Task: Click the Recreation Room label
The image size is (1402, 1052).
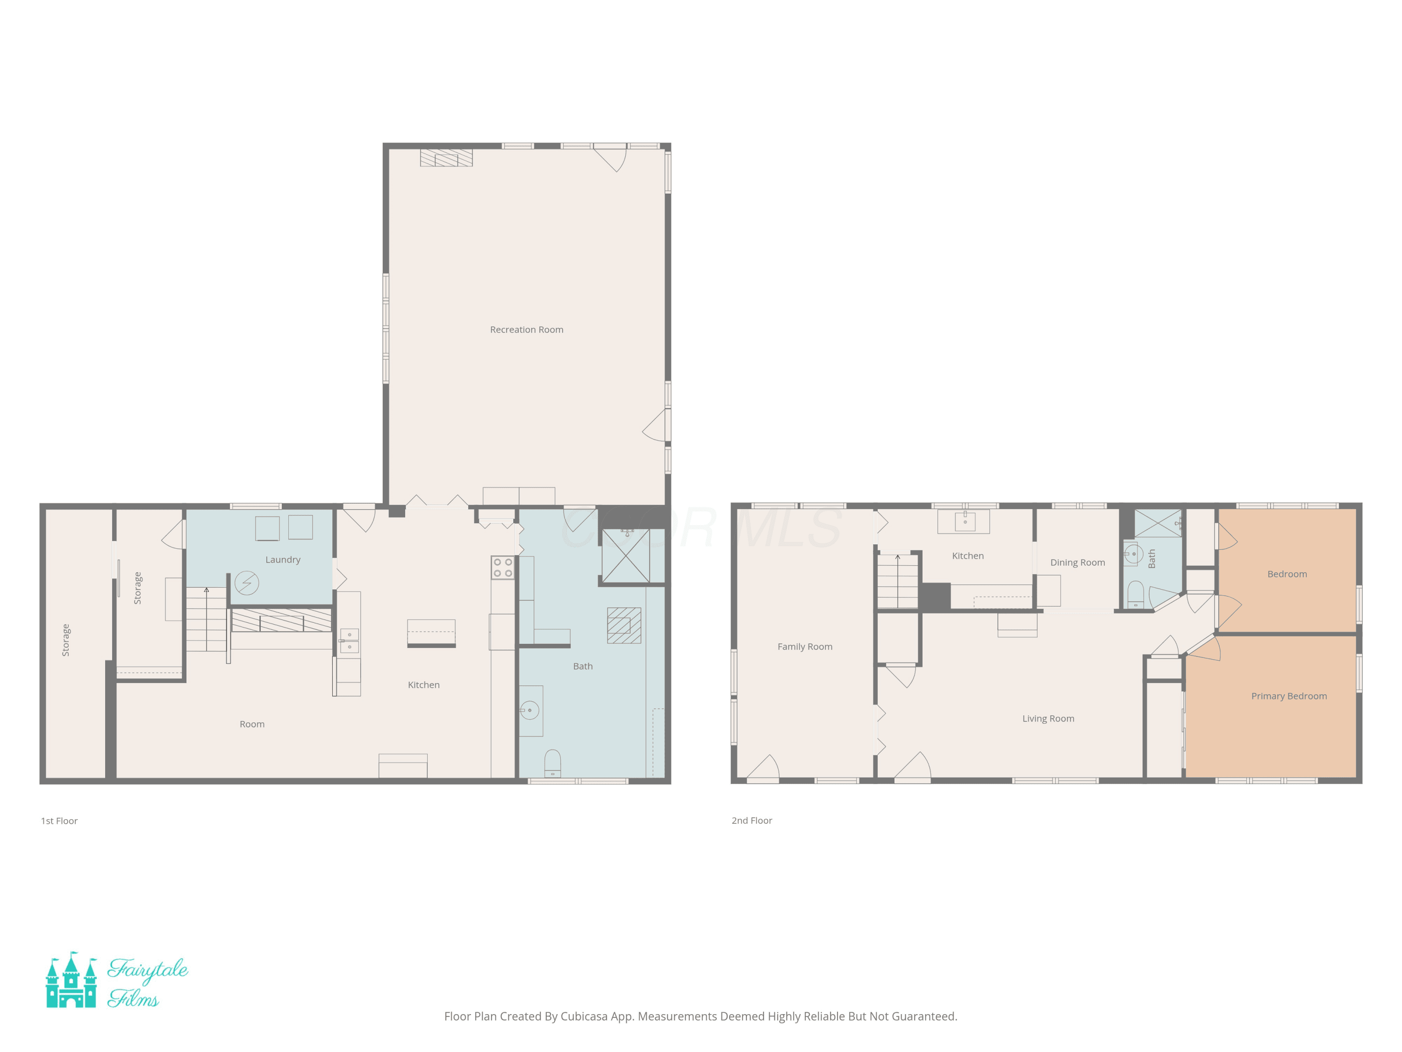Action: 526,330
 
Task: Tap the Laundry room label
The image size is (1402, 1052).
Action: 283,560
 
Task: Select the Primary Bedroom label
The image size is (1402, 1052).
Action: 1288,696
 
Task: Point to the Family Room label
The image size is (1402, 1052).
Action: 805,647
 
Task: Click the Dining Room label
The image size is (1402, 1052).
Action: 1078,562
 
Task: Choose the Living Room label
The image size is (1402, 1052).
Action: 1048,719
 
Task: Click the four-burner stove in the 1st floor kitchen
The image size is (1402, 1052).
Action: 502,568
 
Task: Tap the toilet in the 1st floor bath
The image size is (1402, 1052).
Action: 552,764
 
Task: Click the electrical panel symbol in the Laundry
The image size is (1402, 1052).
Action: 247,583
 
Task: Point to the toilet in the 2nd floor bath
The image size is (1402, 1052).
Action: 1136,594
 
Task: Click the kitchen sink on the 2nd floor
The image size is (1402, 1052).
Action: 965,520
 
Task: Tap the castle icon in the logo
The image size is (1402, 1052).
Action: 72,980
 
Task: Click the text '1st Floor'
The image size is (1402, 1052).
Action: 59,821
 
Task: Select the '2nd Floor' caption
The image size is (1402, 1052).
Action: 751,821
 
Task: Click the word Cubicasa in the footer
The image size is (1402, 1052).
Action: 584,1016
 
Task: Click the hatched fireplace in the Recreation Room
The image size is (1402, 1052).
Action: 446,158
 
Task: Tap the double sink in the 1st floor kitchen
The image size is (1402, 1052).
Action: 349,641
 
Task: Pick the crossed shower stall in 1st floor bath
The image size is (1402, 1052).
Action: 626,556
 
